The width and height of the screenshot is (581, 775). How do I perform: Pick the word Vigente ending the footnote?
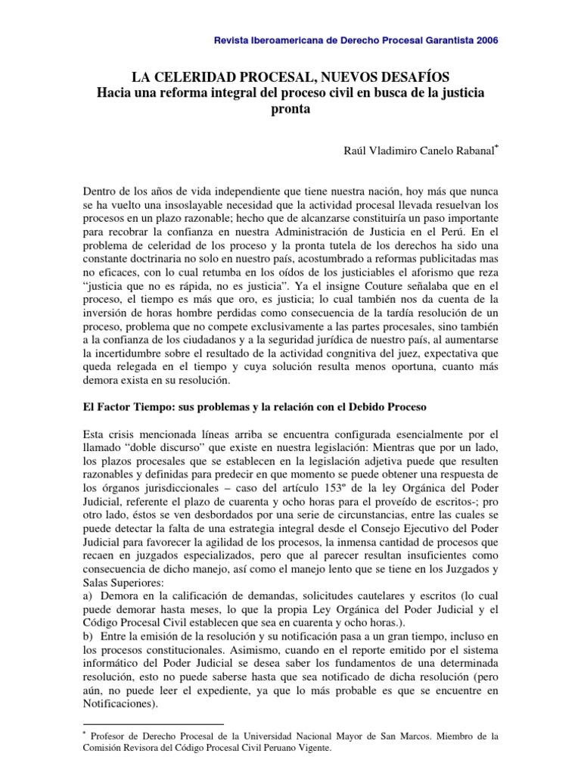[x=312, y=749]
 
